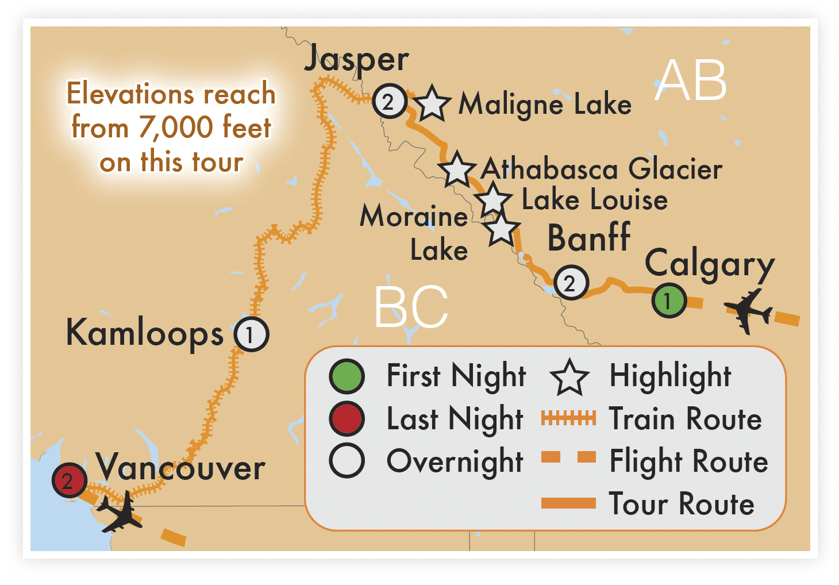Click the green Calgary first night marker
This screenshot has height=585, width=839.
coord(669,300)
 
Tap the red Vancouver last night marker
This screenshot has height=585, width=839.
coord(69,480)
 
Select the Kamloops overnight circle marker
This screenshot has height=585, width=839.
coord(251,334)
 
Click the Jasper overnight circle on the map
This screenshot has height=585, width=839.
coord(390,102)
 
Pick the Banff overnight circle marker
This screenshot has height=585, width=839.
coord(571,282)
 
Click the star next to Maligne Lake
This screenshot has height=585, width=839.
coord(432,103)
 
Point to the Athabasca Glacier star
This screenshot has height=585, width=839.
coord(457,170)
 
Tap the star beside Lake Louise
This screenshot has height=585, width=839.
coord(493,199)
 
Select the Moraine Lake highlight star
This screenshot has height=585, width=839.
coord(502,229)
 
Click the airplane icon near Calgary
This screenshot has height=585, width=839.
coord(748,311)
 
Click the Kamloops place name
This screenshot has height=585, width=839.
coord(145,333)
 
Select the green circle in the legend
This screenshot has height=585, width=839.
coord(347,376)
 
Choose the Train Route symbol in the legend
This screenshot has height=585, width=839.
coord(568,418)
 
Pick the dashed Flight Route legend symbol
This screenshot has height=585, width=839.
coord(568,457)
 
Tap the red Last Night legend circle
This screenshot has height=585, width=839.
coord(347,418)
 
